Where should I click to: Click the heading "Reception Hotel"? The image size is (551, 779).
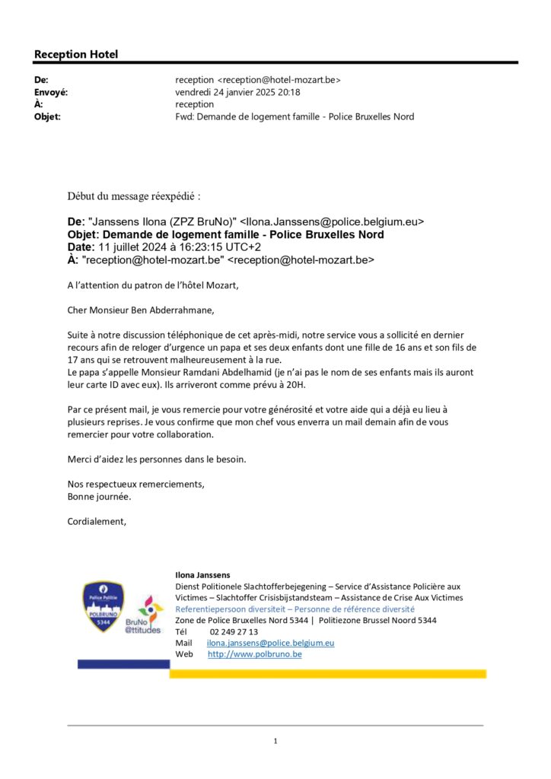[76, 54]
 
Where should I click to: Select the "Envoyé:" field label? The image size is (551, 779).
[51, 92]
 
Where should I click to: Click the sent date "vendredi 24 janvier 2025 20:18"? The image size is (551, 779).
[237, 92]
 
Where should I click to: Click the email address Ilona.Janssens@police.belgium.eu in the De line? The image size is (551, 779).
[332, 222]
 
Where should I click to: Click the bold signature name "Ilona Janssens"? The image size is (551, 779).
[202, 575]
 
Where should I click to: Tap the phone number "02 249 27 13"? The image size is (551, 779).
[234, 631]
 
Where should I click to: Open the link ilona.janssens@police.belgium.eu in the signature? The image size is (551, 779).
[271, 643]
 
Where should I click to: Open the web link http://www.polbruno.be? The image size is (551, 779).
[255, 654]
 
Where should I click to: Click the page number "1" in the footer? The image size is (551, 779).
[275, 741]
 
